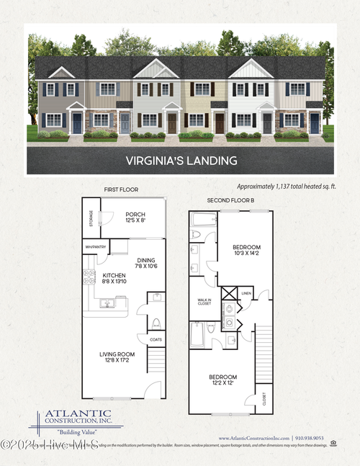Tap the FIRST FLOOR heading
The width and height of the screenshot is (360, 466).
(120, 189)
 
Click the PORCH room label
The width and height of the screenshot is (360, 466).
(135, 215)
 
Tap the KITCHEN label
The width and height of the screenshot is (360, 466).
(114, 275)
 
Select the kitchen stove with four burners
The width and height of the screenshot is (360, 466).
(89, 277)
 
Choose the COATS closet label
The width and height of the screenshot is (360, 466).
(156, 339)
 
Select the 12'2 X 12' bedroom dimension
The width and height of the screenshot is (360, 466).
(225, 381)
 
